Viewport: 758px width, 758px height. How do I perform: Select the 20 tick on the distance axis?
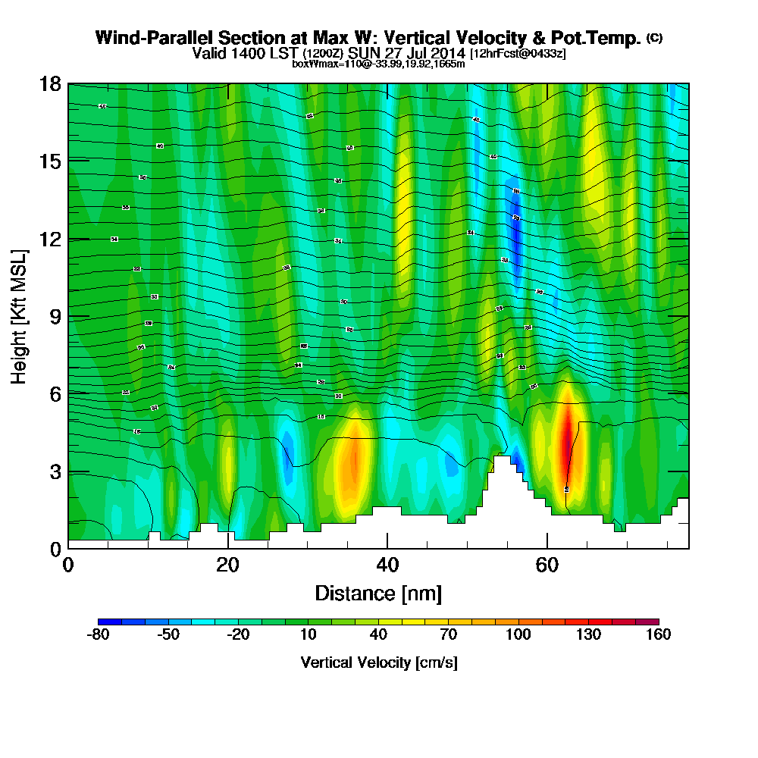click(x=227, y=565)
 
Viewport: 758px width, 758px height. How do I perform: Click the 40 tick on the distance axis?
click(x=387, y=565)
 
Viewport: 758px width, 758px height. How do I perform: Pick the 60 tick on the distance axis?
click(x=547, y=565)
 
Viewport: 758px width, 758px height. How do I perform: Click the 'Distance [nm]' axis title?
click(x=378, y=592)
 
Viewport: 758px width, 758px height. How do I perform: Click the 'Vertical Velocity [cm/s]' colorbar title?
click(x=378, y=662)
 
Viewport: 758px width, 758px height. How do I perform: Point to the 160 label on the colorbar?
click(x=658, y=635)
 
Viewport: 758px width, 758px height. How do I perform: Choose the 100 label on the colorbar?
click(x=518, y=635)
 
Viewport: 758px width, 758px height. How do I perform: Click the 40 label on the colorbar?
click(x=378, y=635)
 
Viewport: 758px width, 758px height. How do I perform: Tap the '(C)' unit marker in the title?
click(x=655, y=37)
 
